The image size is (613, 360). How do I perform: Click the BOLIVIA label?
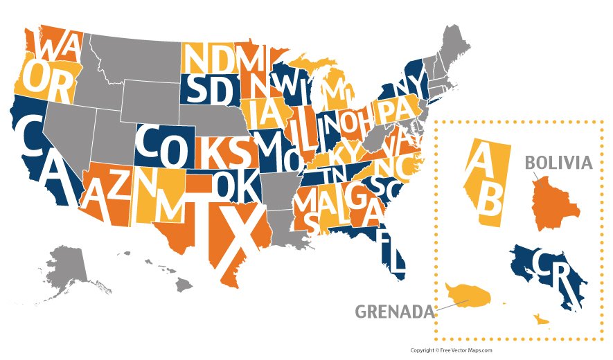tap(558, 163)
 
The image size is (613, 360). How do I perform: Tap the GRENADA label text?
tap(394, 311)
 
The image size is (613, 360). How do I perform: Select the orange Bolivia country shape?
tap(553, 204)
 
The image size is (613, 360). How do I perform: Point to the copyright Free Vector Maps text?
tap(451, 350)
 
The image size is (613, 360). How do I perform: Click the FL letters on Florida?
tap(391, 253)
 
